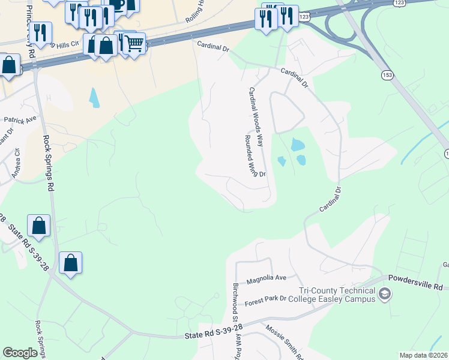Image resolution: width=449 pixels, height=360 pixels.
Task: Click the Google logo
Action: point(20,353)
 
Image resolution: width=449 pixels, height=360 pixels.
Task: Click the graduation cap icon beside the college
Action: point(385,295)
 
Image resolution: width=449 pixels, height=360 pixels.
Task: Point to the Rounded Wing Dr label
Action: point(255,155)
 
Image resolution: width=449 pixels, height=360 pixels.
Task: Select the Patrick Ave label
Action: point(20,121)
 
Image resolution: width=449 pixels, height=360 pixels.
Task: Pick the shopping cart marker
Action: point(134,43)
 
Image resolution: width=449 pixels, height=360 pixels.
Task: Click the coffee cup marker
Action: point(118,5)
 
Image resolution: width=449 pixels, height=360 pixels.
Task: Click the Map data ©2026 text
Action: point(423,355)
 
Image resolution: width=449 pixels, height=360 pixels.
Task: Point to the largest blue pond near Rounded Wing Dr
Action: point(297,145)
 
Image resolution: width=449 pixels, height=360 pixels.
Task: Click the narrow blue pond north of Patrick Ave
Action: point(94,97)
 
